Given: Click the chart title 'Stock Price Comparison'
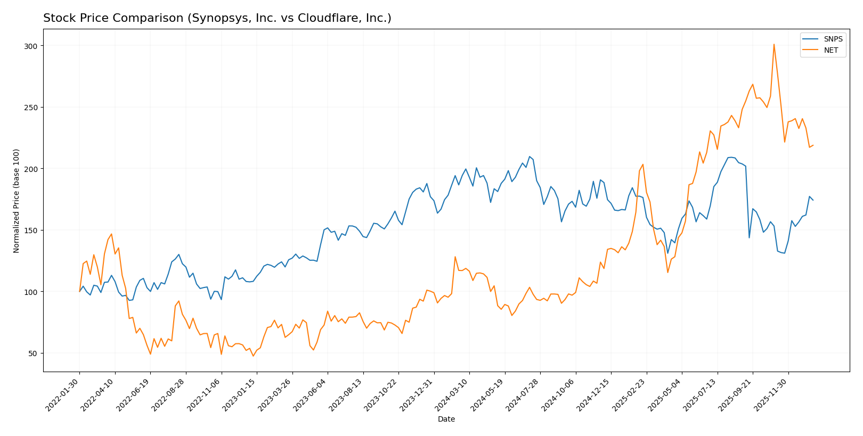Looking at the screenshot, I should (x=217, y=18).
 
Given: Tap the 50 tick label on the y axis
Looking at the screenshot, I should (x=32, y=353).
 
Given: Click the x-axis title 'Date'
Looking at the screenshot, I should (x=446, y=419).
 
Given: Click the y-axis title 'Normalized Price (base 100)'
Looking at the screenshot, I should (x=17, y=201).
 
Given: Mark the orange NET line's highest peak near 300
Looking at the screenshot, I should (x=774, y=44).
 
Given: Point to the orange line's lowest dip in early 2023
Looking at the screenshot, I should (x=253, y=356).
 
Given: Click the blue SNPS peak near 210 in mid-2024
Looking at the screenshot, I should (x=530, y=157).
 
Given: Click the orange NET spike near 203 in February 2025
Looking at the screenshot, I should (x=643, y=164).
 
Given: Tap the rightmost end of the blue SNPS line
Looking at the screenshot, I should (x=813, y=200).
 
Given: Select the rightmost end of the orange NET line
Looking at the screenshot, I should (x=813, y=145).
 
